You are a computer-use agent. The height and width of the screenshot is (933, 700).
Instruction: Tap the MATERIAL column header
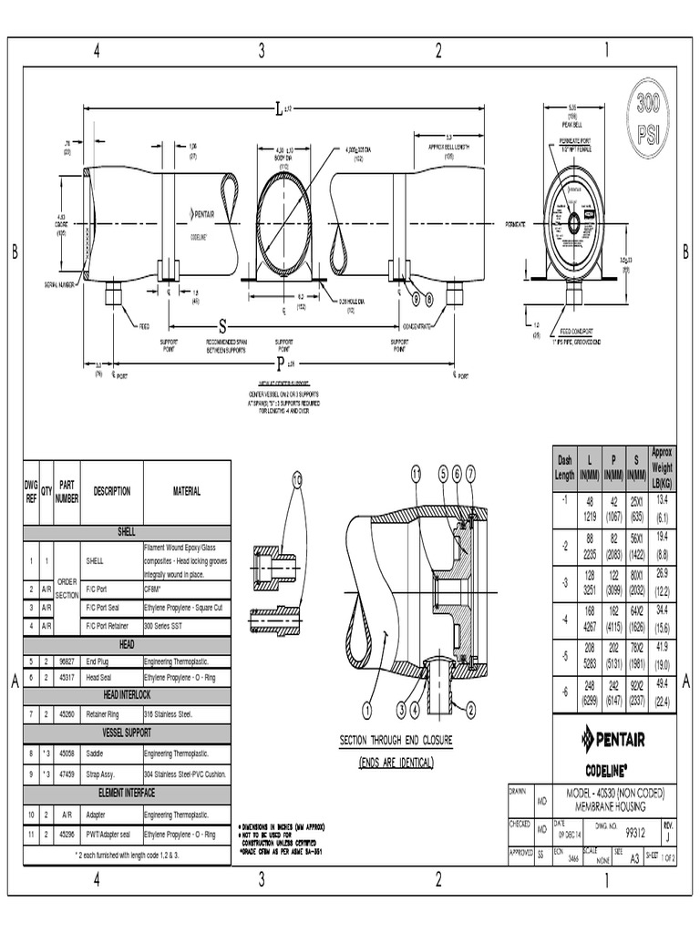(187, 491)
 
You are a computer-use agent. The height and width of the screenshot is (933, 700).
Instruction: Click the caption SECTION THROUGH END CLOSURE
(396, 740)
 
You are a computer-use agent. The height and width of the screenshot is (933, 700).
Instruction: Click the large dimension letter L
(279, 110)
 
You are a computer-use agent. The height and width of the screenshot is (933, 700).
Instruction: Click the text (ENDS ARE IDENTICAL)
(396, 762)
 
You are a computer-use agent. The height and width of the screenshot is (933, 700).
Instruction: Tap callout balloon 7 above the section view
(470, 473)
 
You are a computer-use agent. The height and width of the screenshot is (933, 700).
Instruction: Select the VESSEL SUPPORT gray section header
(126, 733)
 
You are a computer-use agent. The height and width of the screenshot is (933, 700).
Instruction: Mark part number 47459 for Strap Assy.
(67, 774)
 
